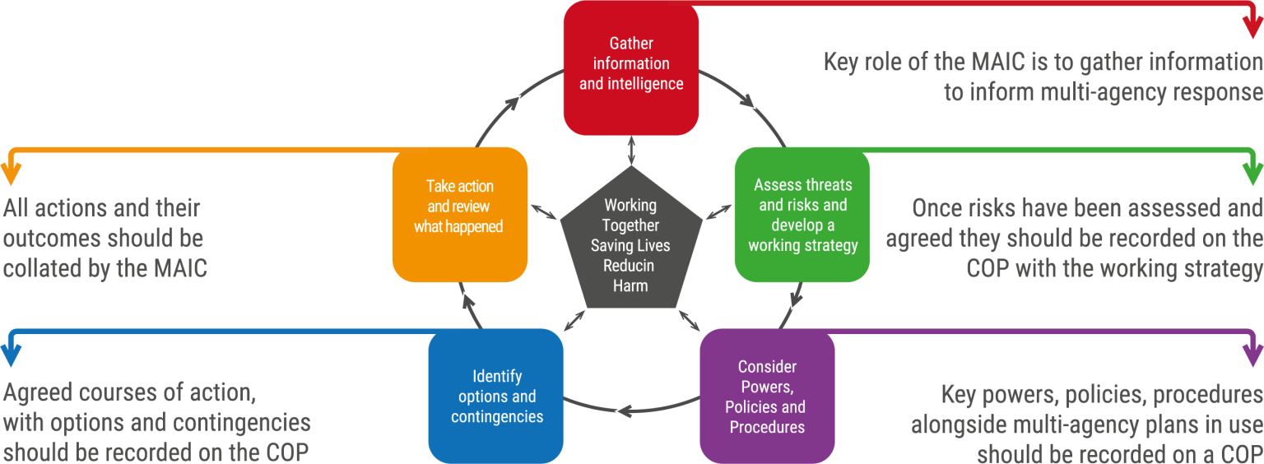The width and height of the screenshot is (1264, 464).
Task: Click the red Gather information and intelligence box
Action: click(631, 67)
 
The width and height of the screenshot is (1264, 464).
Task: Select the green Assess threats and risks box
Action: click(802, 215)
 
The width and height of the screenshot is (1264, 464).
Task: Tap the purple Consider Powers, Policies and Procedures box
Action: click(767, 397)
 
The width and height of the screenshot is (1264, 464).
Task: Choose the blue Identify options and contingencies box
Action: click(496, 397)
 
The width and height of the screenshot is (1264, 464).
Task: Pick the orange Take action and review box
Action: click(460, 215)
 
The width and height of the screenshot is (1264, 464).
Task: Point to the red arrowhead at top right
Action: click(1252, 27)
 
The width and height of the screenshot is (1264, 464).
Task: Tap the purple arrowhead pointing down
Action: click(1252, 355)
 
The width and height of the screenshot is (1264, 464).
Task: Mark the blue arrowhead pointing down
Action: click(11, 355)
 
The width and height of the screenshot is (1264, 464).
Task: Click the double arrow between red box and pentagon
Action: click(631, 151)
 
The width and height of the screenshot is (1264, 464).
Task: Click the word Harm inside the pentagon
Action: click(630, 285)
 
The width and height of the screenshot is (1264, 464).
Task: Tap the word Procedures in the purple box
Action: click(767, 427)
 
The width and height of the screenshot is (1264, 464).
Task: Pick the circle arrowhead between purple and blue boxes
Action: click(625, 411)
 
